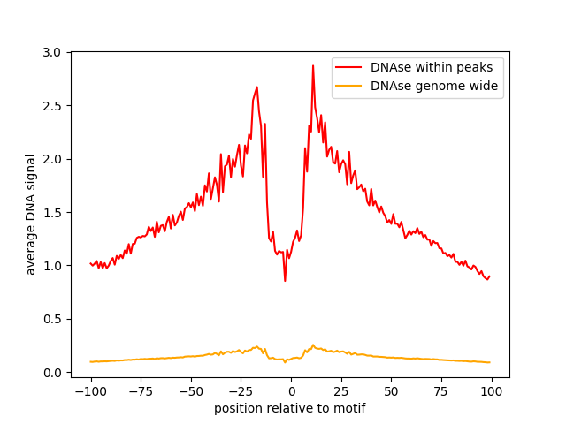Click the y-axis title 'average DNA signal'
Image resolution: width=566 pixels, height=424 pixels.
tap(31, 215)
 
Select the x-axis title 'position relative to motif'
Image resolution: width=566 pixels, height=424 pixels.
tap(289, 408)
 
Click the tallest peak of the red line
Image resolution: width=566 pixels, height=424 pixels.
tap(312, 66)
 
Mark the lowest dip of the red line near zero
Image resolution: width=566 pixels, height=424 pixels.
tap(285, 280)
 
